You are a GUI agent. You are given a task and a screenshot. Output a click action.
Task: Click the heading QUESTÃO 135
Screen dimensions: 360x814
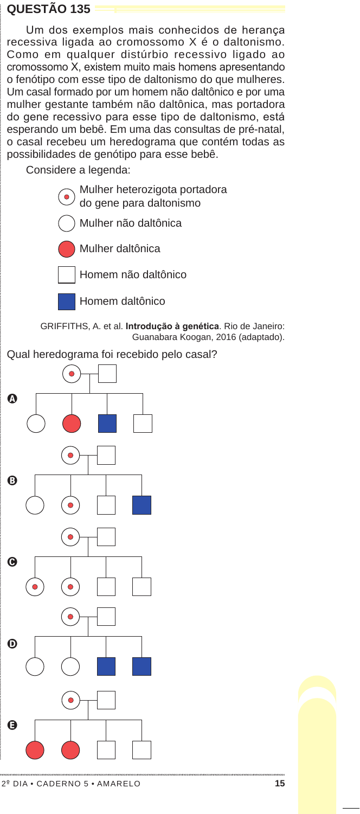click(48, 9)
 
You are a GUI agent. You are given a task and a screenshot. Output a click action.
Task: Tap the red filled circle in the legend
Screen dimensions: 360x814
click(67, 249)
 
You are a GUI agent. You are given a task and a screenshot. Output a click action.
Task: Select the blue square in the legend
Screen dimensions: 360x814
click(67, 302)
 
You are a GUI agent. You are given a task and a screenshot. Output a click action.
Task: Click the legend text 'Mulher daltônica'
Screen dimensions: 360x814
click(120, 248)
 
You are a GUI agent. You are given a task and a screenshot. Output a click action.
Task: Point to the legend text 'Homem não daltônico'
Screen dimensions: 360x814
click(133, 274)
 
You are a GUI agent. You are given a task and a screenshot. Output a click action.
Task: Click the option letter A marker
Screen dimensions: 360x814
click(12, 399)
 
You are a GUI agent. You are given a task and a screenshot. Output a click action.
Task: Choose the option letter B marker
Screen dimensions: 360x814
click(12, 480)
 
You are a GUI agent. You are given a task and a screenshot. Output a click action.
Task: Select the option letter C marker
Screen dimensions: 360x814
click(12, 562)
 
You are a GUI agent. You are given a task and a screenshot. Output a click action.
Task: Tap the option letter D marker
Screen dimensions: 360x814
click(12, 644)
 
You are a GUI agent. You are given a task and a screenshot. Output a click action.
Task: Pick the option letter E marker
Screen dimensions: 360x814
click(12, 725)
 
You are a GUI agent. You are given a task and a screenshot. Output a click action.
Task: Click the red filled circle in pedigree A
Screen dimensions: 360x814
click(72, 424)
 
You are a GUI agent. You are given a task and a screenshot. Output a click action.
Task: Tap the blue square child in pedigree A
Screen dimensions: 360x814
click(107, 424)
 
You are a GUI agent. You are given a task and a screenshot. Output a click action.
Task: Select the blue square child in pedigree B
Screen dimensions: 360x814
click(142, 505)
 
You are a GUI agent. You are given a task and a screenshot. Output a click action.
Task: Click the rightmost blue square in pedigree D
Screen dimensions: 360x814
click(142, 666)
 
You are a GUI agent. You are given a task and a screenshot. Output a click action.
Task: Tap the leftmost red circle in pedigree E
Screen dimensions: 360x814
click(35, 750)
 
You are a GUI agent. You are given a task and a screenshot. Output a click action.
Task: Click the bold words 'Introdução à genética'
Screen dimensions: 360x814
click(172, 326)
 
